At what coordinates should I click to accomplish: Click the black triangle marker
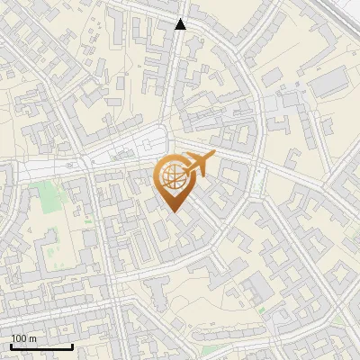(181, 23)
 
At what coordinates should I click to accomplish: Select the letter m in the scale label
(33, 338)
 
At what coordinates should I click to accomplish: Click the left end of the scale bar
(11, 346)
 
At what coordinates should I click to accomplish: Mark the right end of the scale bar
(72, 346)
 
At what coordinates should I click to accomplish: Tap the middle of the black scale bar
(41, 346)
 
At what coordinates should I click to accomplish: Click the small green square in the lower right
(261, 310)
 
